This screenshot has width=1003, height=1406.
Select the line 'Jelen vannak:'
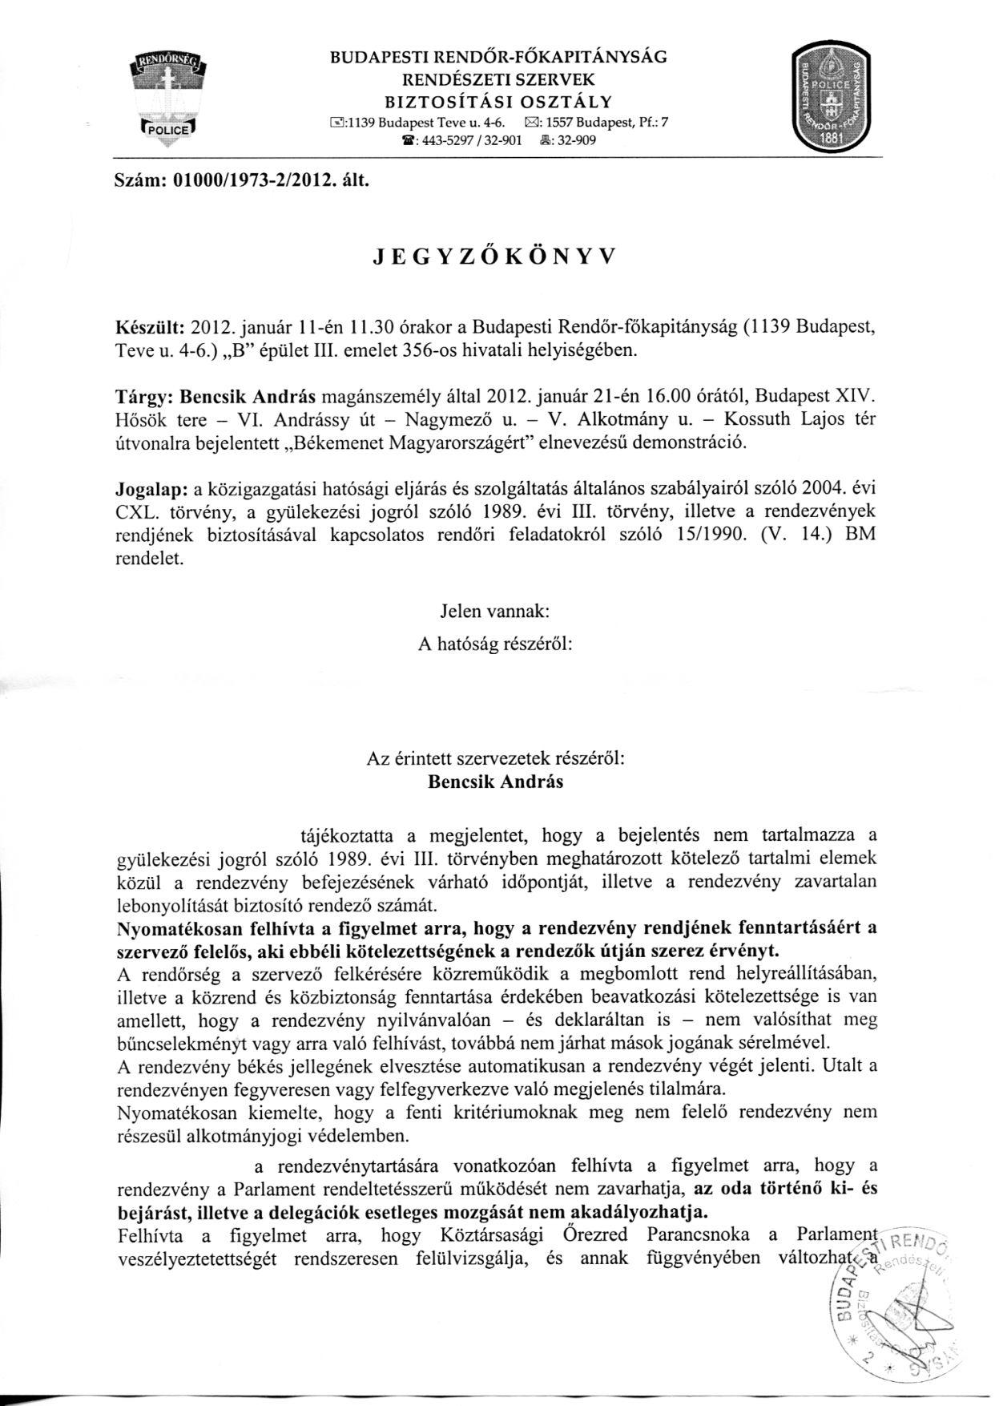pyautogui.click(x=494, y=611)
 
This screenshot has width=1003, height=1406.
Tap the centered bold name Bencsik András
pyautogui.click(x=495, y=782)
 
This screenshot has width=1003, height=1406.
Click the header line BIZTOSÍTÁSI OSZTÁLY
pyautogui.click(x=497, y=101)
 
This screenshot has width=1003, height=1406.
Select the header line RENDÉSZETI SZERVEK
pyautogui.click(x=497, y=79)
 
